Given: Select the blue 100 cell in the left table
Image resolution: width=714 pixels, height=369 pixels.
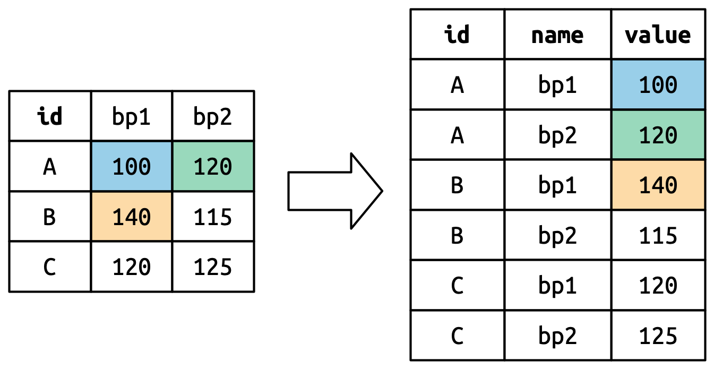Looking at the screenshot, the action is [131, 166].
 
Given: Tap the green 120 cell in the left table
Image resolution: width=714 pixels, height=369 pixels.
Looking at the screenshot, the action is [213, 166].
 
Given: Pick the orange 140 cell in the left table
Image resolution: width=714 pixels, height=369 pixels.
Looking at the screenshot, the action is [131, 216].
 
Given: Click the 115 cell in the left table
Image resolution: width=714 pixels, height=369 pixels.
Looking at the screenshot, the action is [213, 216].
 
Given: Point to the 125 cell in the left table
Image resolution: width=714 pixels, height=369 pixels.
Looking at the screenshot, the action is [213, 267].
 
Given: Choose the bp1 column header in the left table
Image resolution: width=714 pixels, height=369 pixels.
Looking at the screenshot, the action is [131, 116].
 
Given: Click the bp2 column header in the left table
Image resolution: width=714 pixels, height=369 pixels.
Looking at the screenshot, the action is [213, 116].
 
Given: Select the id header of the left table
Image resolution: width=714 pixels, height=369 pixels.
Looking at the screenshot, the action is [50, 116].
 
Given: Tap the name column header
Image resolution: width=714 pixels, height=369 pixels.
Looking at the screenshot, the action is [558, 35].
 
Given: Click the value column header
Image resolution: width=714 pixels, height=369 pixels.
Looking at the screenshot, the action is [658, 35].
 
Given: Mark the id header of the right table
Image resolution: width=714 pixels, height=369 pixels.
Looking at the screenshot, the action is [458, 35].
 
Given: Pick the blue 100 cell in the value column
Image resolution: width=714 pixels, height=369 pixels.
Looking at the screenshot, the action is [658, 84].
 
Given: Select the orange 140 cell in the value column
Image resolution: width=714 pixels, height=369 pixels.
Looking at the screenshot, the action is [658, 185].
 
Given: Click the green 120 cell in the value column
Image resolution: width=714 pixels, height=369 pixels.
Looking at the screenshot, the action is [658, 134].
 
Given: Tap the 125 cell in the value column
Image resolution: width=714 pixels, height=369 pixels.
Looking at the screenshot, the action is [658, 336].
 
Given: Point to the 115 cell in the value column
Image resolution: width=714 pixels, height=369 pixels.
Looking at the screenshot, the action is [658, 235].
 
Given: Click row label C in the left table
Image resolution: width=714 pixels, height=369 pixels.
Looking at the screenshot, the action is [50, 267].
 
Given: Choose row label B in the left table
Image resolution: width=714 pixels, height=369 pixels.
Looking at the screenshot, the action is [50, 216].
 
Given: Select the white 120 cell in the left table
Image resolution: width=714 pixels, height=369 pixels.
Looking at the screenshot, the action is [131, 267].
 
